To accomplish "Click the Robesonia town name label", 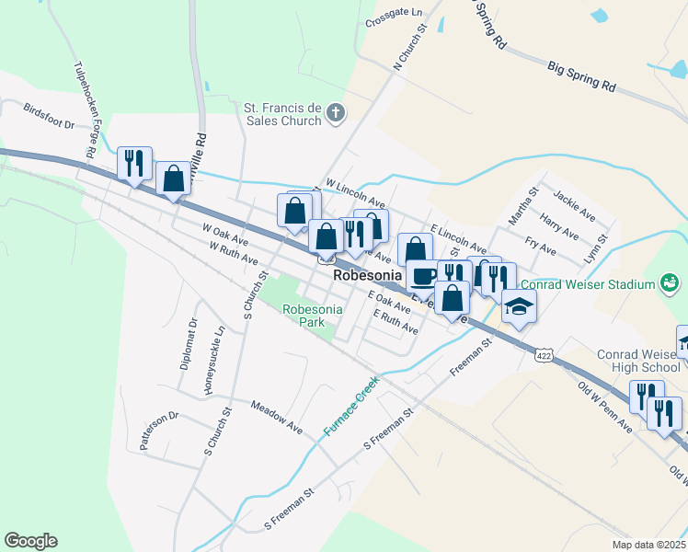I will point(369,275).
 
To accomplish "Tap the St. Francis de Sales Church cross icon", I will point(336,114).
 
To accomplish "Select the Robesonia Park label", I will point(313,316).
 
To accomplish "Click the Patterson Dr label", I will point(156,431).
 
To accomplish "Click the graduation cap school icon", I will point(519,307).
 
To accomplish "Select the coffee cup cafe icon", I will point(423,275).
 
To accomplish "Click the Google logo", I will point(30,541).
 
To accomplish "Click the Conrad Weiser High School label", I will point(638,361).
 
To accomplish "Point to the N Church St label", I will point(410,48).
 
